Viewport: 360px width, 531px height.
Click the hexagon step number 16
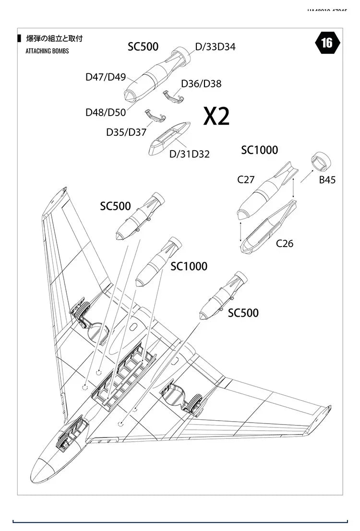pos(326,43)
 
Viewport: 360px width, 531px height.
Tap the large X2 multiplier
pos(216,116)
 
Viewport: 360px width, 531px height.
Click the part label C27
pos(246,180)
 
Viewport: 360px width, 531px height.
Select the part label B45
pos(327,180)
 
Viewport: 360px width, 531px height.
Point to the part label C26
pos(285,244)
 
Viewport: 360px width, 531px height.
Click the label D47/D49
pos(106,77)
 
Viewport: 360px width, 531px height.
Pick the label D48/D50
pos(106,112)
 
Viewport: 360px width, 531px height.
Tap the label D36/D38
pos(201,84)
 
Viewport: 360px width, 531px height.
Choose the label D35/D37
pos(126,132)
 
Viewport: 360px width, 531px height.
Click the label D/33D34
pos(215,47)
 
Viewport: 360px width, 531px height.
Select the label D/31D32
pos(190,154)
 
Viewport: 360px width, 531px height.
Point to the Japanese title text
pos(54,39)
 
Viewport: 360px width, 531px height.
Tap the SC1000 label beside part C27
pos(259,150)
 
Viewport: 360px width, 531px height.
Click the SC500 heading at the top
pos(143,47)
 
